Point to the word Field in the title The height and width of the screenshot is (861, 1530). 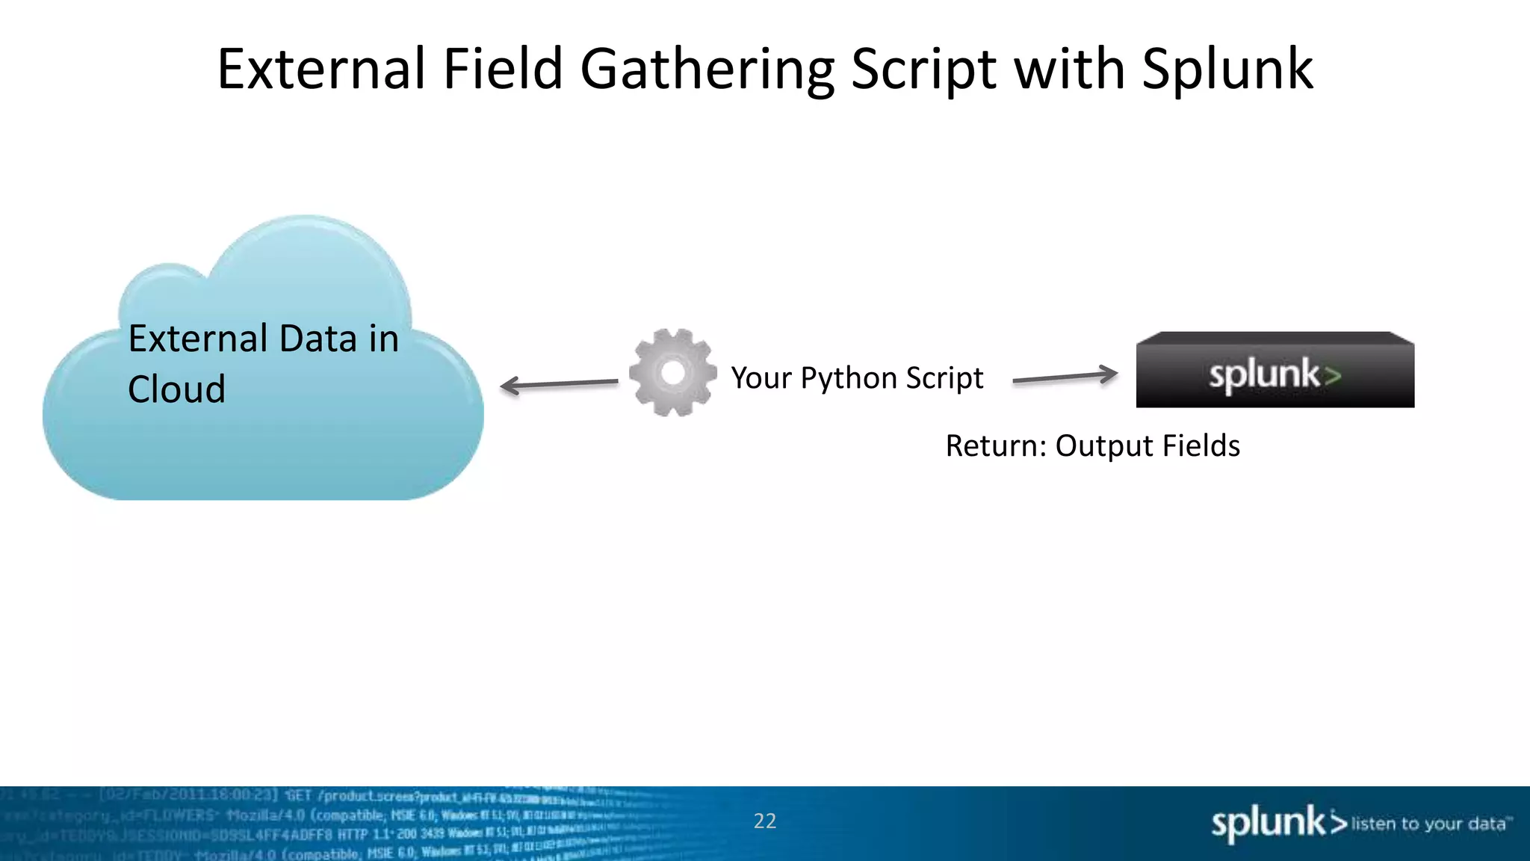(502, 69)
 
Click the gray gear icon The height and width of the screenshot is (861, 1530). (673, 372)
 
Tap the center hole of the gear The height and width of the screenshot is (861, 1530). (673, 372)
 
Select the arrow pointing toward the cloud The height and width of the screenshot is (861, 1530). (559, 384)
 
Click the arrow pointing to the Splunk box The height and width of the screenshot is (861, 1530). (1065, 377)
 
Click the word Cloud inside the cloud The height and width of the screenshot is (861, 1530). (176, 389)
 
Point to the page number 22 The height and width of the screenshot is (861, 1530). (764, 821)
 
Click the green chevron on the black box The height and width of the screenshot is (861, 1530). (1332, 375)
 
